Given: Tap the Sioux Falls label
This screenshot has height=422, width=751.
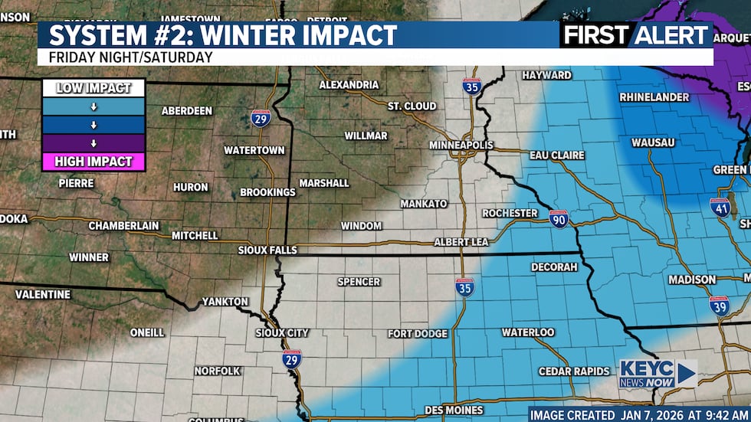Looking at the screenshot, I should pyautogui.click(x=267, y=250).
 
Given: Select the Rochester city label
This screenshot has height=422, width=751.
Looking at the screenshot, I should pyautogui.click(x=510, y=213).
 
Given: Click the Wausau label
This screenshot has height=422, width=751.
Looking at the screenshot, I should pyautogui.click(x=653, y=142).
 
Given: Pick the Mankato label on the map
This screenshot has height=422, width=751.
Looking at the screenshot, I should pyautogui.click(x=424, y=204).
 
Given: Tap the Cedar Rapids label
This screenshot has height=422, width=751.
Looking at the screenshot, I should pyautogui.click(x=574, y=371).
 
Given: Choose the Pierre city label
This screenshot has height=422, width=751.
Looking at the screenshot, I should pyautogui.click(x=76, y=183).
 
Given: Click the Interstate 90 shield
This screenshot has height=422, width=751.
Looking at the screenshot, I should pyautogui.click(x=559, y=218).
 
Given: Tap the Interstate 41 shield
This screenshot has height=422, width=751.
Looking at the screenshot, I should pyautogui.click(x=720, y=206).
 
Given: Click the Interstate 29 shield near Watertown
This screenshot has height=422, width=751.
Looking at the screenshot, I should pyautogui.click(x=261, y=118).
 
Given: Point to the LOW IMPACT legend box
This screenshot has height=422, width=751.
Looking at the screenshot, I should pyautogui.click(x=93, y=88).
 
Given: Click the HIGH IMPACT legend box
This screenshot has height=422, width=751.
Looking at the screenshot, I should pyautogui.click(x=93, y=162).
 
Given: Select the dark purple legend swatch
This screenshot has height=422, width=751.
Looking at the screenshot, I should pyautogui.click(x=93, y=142).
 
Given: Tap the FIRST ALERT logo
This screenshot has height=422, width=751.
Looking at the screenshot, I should pyautogui.click(x=636, y=34).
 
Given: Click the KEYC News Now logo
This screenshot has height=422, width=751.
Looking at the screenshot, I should pyautogui.click(x=658, y=373).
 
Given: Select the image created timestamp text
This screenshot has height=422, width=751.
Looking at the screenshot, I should pyautogui.click(x=638, y=414).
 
